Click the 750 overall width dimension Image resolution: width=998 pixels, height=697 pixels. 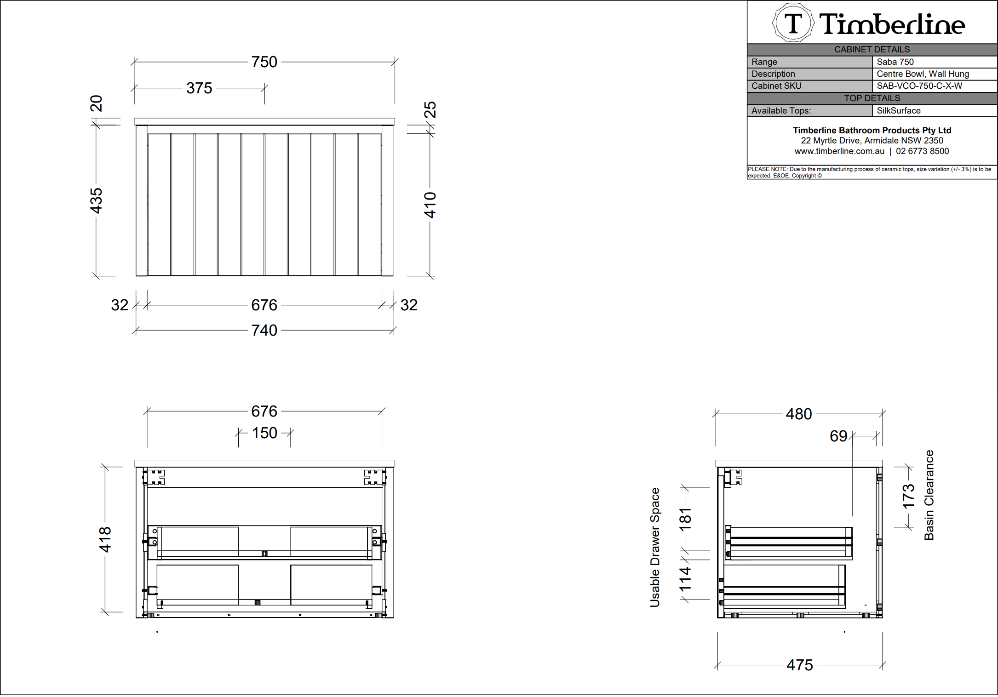264,62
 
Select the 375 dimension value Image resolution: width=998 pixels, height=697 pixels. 199,88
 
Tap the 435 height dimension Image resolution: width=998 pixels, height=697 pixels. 96,200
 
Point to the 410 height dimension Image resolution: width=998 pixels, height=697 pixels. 430,205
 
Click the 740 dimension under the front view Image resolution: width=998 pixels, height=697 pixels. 264,330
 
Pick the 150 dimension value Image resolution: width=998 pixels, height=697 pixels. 264,433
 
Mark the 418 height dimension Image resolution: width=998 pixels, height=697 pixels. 105,539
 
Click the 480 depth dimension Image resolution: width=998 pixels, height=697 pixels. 799,414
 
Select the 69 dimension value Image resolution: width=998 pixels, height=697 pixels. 838,436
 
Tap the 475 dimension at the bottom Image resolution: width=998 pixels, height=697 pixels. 800,665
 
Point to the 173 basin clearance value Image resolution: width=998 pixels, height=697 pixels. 908,497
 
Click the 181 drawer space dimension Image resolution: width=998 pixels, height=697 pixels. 685,519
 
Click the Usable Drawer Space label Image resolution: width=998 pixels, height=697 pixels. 655,547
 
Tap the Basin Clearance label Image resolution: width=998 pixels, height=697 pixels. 929,495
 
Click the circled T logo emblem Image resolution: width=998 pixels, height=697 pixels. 793,23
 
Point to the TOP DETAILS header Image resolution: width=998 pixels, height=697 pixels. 872,98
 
